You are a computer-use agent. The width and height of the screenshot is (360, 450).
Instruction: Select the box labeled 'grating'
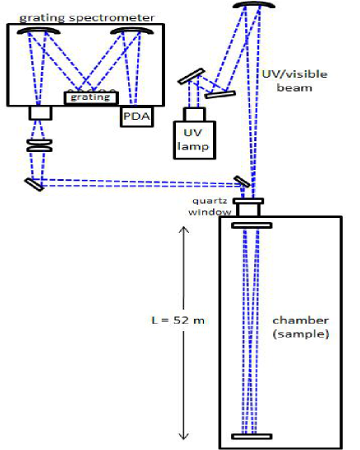coord(85,97)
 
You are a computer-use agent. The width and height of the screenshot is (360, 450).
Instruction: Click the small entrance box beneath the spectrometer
coord(39,112)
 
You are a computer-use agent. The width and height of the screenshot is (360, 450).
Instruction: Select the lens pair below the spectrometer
coord(39,145)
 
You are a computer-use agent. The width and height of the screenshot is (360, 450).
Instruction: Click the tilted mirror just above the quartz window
coord(242,181)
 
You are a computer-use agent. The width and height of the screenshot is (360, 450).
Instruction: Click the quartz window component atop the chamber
coord(248,205)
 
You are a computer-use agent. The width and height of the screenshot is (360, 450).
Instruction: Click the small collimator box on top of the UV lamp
coord(195,113)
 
